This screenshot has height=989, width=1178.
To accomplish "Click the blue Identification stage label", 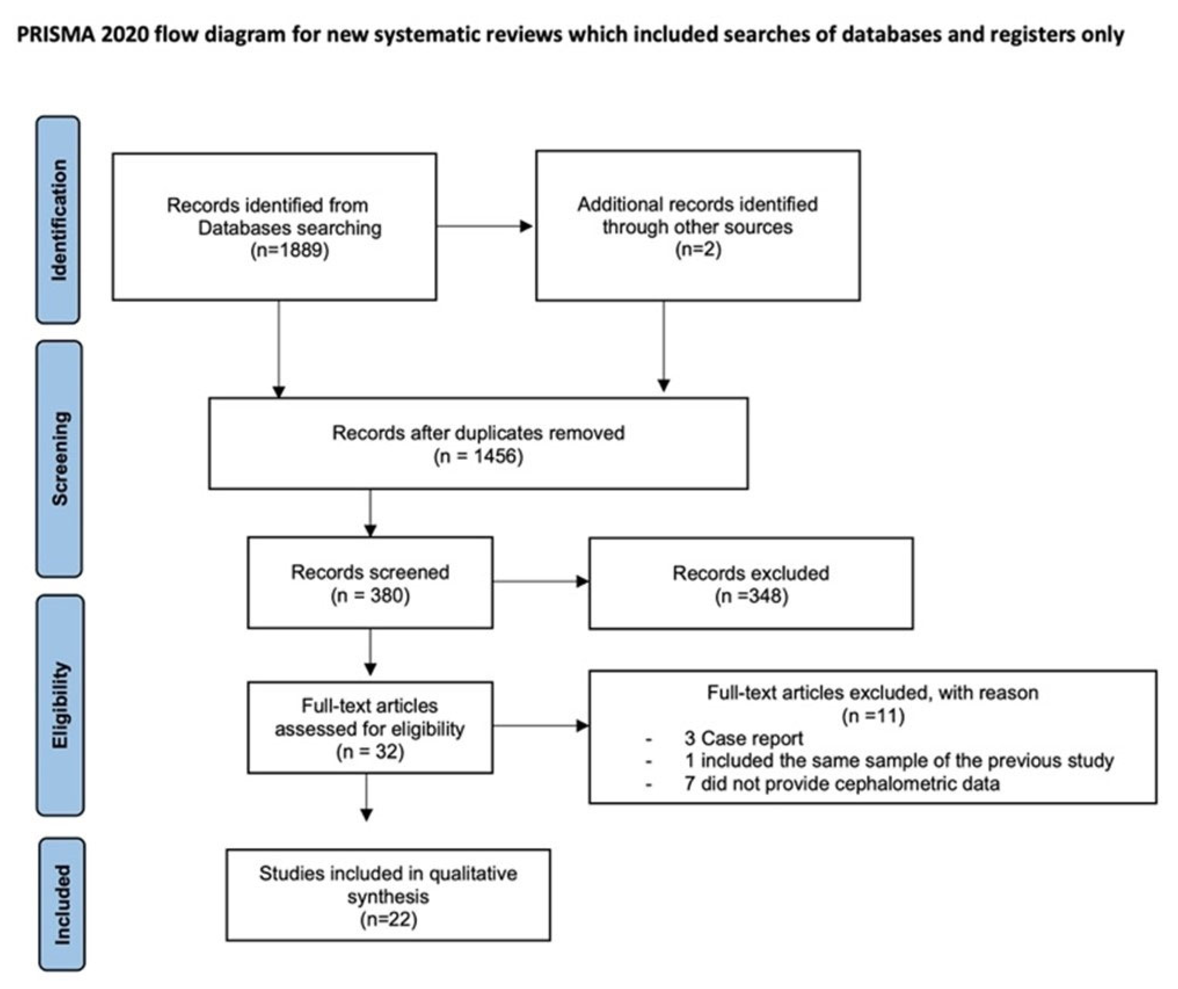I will [x=58, y=220].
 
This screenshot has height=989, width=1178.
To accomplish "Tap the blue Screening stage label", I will [x=59, y=459].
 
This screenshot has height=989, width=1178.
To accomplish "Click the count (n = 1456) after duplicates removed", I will [x=478, y=456].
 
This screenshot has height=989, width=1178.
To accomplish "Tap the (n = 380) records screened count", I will [x=370, y=595].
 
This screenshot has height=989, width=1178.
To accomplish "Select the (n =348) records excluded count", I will [x=751, y=596].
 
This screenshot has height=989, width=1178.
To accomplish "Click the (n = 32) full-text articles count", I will [x=370, y=751].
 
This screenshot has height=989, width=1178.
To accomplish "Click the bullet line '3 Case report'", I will [x=743, y=738].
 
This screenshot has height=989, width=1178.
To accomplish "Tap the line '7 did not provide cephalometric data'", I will [x=842, y=783].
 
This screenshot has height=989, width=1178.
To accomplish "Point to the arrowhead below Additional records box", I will [x=664, y=385].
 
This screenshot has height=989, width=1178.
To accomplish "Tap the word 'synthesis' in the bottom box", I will [x=388, y=896].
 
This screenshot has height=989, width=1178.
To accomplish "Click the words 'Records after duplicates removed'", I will [x=478, y=433].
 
